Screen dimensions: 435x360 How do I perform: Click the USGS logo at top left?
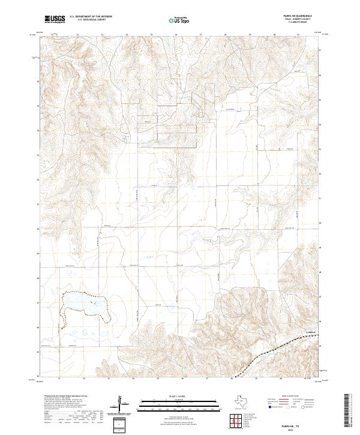tap(55, 19)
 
